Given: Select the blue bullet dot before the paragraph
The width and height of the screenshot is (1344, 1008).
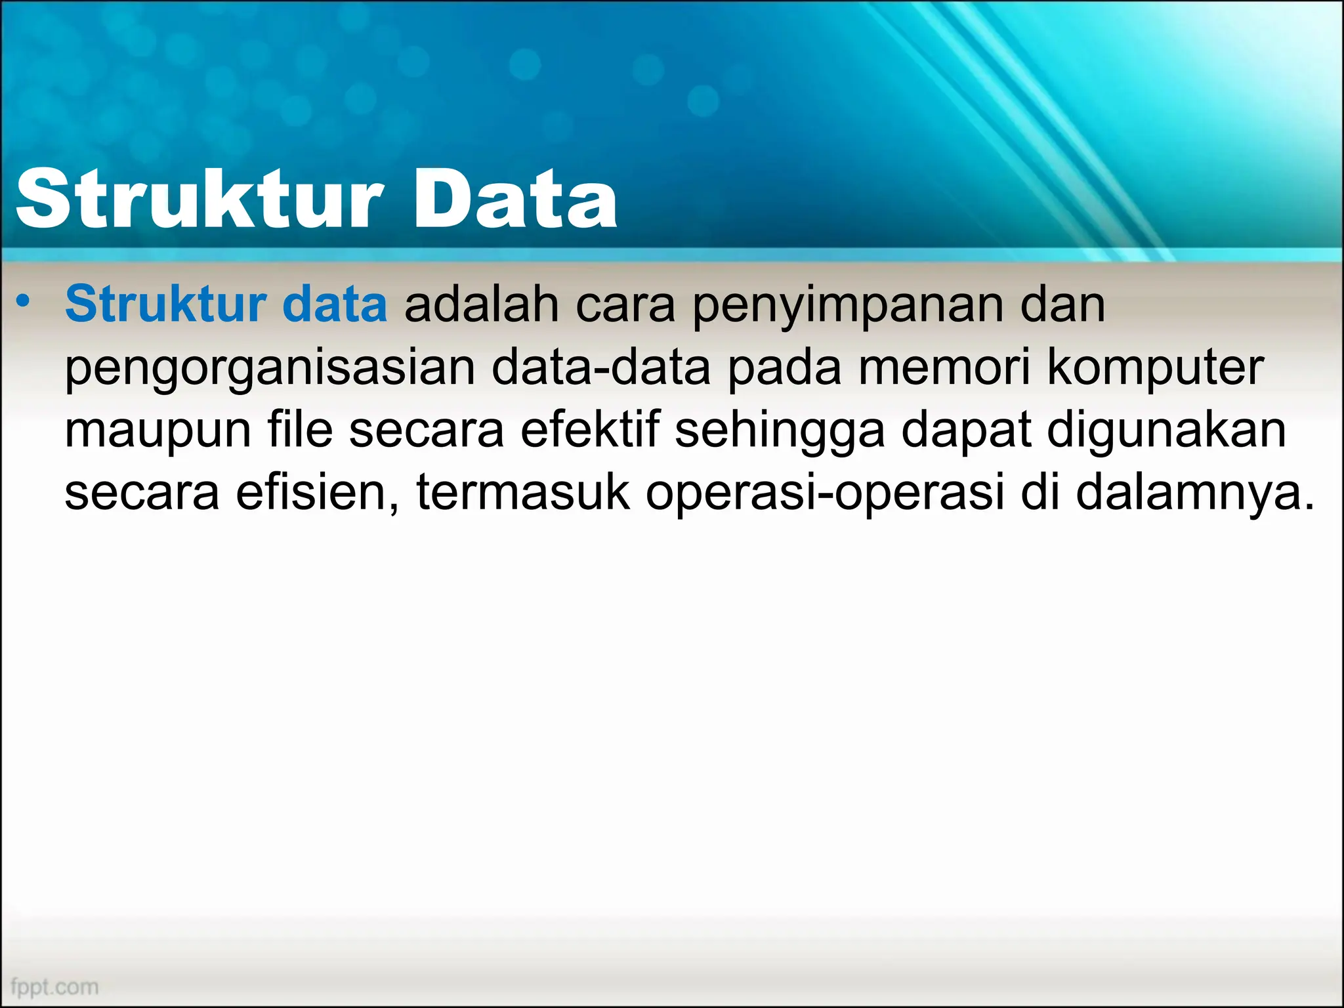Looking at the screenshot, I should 24,303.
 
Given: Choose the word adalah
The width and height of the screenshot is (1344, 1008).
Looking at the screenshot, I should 482,304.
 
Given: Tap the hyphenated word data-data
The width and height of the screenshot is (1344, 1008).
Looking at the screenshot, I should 601,367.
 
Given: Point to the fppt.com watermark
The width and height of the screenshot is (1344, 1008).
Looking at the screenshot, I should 55,986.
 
